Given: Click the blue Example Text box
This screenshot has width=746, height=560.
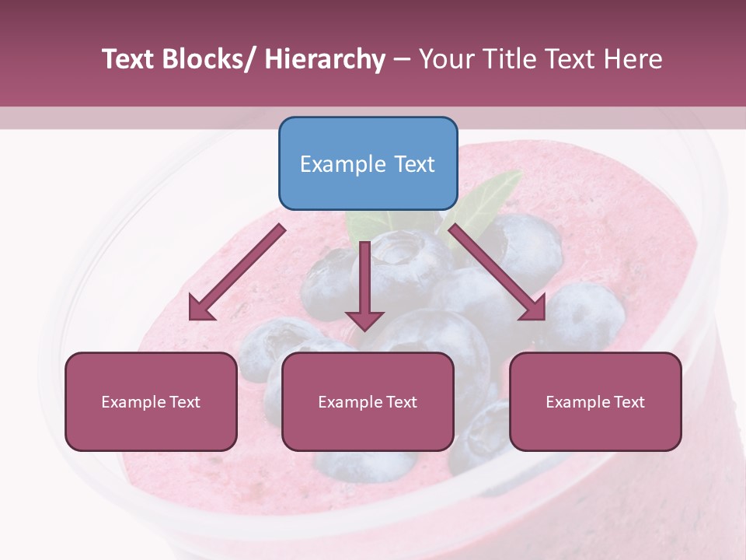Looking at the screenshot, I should (x=368, y=163).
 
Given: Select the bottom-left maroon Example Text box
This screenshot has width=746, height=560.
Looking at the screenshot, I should (x=151, y=401).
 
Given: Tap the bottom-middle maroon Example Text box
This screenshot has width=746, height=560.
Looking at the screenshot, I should (x=368, y=401).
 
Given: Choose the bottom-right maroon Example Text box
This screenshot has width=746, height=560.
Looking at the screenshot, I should (x=595, y=401).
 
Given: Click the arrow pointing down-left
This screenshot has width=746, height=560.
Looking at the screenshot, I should (x=237, y=272).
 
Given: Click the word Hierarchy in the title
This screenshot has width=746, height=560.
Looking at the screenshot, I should (x=325, y=59).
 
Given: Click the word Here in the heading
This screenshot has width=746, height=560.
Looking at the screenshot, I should (x=633, y=59).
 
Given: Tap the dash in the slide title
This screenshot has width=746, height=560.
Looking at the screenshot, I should (x=402, y=59).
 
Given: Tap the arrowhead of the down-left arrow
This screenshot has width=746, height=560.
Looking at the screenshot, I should (x=200, y=309).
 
